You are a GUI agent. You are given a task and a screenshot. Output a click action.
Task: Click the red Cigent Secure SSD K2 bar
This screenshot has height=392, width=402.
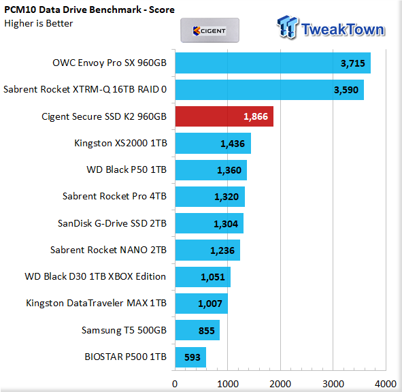pyautogui.click(x=224, y=116)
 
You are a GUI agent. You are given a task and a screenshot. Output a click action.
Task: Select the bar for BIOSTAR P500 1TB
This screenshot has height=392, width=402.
pyautogui.click(x=190, y=357)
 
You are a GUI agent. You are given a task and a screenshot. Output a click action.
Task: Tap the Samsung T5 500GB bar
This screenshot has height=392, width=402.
pyautogui.click(x=197, y=330)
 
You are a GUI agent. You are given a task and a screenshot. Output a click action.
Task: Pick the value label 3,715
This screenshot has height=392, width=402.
pyautogui.click(x=352, y=63)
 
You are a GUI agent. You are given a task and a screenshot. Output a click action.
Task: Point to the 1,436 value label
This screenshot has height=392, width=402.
pyautogui.click(x=233, y=144)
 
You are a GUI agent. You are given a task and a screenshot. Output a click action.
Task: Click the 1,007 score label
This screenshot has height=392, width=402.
pyautogui.click(x=210, y=304)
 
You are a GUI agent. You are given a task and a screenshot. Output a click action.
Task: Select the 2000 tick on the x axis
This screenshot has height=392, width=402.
pyautogui.click(x=280, y=384)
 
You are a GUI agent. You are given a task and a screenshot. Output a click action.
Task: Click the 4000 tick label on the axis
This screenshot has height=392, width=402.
pyautogui.click(x=386, y=384)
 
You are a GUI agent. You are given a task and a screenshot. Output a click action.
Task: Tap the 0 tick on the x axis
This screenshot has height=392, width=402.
pyautogui.click(x=175, y=384)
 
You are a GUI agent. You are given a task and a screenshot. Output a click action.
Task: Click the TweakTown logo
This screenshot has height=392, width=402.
pyautogui.click(x=331, y=28)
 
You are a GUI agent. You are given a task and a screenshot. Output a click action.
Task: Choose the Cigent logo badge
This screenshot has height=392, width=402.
pyautogui.click(x=210, y=30)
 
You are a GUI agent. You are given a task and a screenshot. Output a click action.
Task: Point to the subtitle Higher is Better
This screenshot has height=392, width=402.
pyautogui.click(x=39, y=23)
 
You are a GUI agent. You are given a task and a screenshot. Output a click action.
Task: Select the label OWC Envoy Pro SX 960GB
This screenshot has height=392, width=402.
pyautogui.click(x=110, y=63)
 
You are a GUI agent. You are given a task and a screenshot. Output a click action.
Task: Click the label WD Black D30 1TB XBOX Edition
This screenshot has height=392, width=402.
pyautogui.click(x=95, y=276)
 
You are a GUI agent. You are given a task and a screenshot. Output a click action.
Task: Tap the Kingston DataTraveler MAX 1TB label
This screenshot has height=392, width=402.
pyautogui.click(x=96, y=304)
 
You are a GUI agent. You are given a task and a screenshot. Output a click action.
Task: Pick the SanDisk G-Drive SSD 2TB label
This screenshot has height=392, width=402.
pyautogui.click(x=112, y=223)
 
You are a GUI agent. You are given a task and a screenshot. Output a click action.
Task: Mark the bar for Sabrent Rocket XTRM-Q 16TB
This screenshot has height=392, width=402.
pyautogui.click(x=269, y=90)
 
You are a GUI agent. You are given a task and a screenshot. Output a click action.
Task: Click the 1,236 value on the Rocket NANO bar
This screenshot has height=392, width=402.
pyautogui.click(x=222, y=250)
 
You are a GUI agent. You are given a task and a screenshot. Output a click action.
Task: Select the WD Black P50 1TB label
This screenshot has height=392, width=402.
pyautogui.click(x=127, y=170)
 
